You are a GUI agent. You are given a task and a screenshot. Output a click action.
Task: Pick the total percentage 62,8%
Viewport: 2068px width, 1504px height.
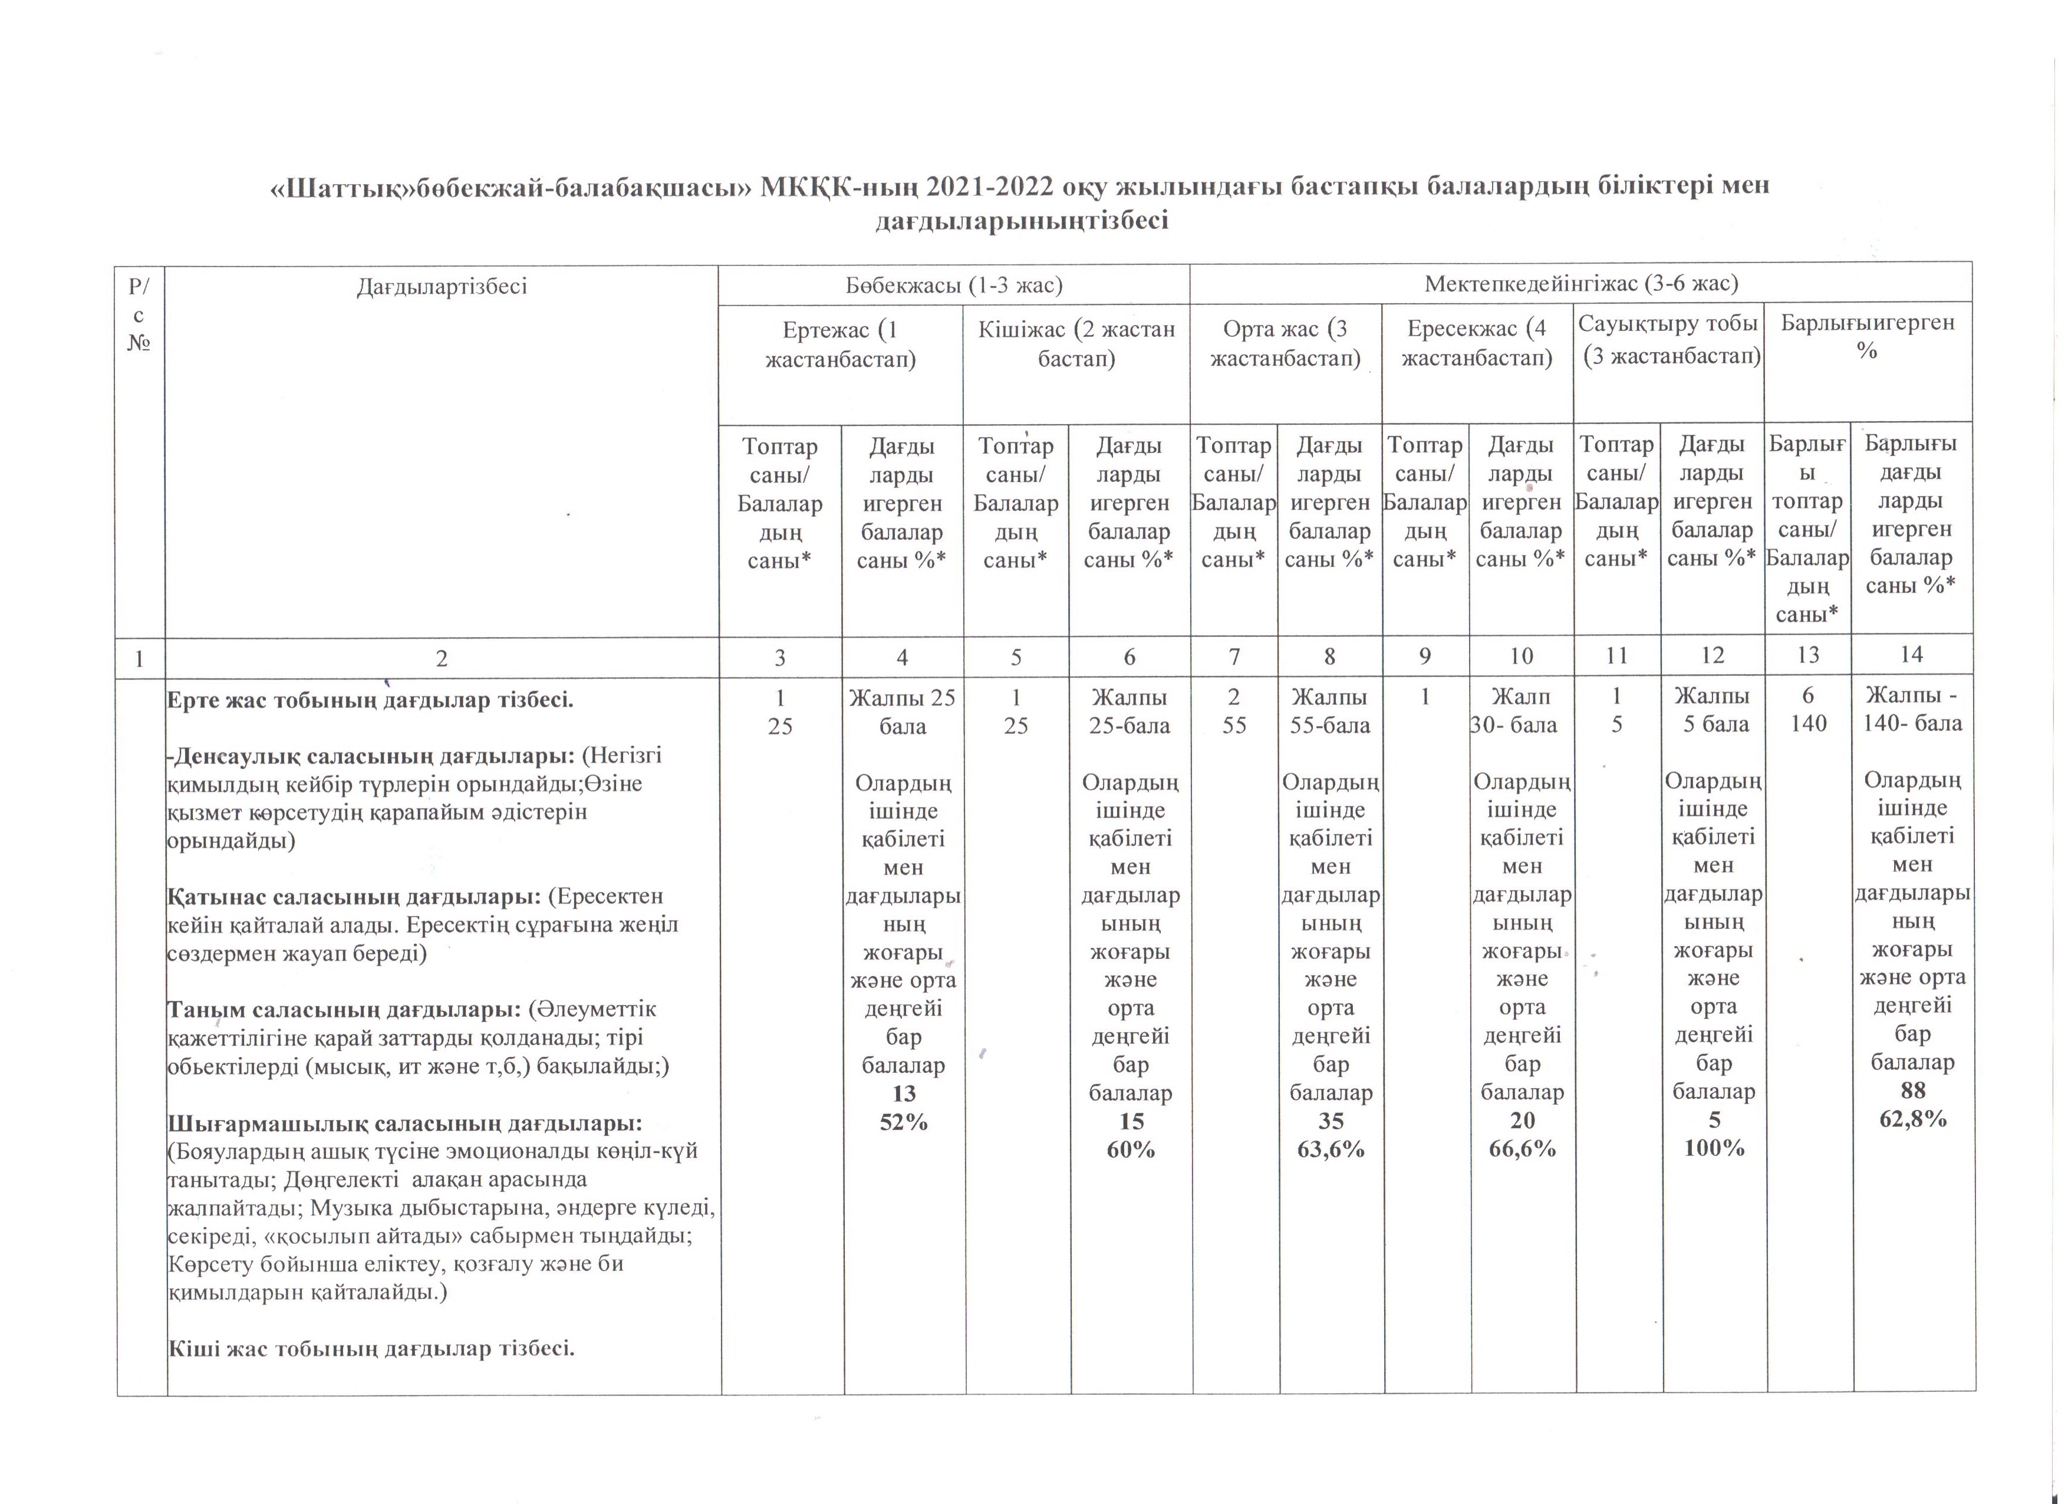tap(1913, 1119)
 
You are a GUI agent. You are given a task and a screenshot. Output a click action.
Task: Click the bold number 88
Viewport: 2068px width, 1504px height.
tap(1913, 1091)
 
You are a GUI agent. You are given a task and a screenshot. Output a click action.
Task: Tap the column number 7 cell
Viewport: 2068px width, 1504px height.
tap(1234, 656)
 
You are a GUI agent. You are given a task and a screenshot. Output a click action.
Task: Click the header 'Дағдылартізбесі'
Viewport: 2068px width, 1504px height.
tap(442, 287)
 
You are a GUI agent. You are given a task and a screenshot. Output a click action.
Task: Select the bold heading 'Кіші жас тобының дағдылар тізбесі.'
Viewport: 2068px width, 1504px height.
tap(371, 1348)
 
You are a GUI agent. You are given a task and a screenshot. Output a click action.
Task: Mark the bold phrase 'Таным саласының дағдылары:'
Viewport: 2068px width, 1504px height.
tap(344, 1010)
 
